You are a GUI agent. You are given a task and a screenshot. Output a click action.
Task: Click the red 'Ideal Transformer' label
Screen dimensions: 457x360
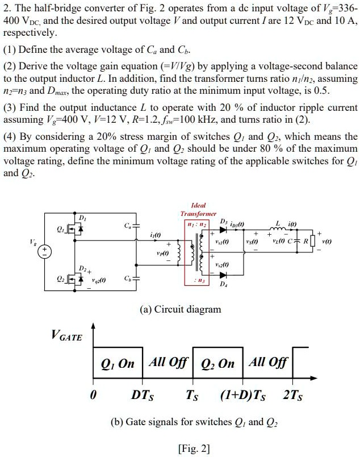[x=195, y=209]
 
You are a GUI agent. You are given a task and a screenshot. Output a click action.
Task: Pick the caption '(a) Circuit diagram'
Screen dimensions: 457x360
[x=181, y=309]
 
